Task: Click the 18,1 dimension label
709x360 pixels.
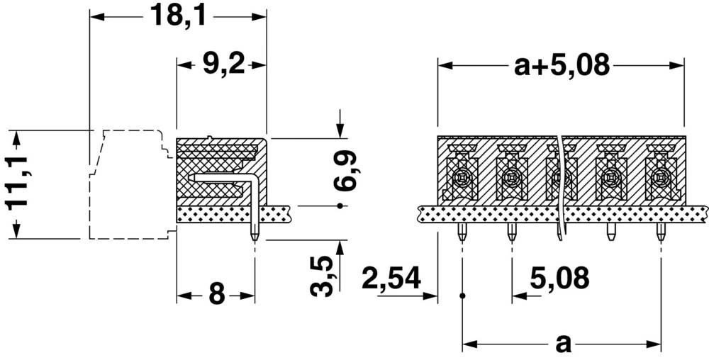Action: coord(177,15)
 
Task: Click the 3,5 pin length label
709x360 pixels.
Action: coord(322,276)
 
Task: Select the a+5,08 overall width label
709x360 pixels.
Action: coord(562,66)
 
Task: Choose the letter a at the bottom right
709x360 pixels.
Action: coord(563,344)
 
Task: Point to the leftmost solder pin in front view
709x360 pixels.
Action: coord(462,232)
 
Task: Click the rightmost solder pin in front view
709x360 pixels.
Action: coord(660,232)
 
